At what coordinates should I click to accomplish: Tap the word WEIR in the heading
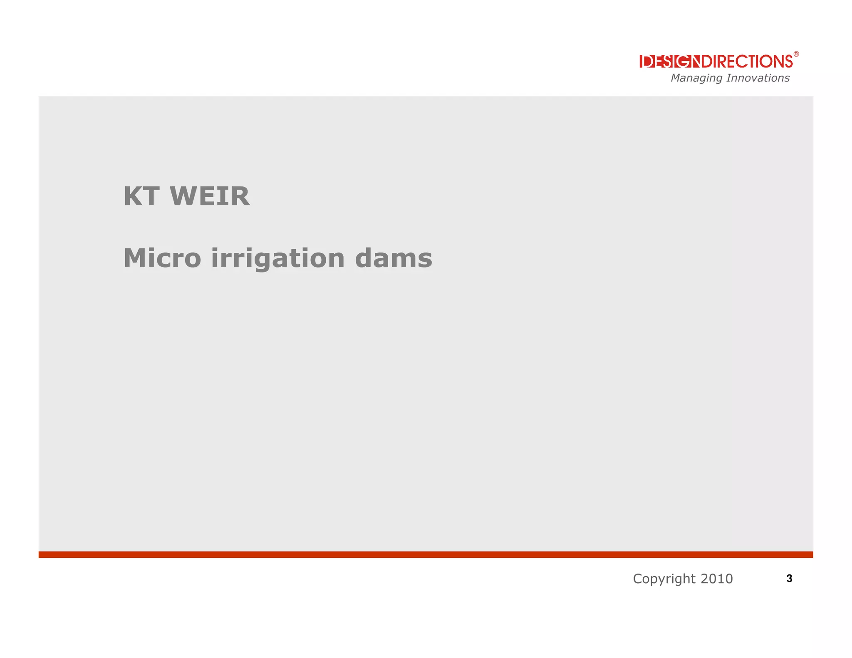210,196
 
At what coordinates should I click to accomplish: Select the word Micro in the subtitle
162,258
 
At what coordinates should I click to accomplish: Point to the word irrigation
278,258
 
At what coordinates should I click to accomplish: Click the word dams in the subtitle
394,258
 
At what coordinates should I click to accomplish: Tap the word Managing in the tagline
696,78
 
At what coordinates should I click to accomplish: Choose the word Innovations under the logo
758,78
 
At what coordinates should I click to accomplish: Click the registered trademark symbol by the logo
796,54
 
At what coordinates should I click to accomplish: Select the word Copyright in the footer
664,579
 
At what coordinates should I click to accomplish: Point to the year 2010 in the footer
716,579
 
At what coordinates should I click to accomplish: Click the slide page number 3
789,579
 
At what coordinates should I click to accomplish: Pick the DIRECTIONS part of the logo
747,62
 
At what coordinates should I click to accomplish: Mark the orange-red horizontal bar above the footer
426,554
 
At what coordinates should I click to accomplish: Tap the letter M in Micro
134,258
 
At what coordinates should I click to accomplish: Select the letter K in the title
133,196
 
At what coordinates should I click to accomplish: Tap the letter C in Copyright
638,579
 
